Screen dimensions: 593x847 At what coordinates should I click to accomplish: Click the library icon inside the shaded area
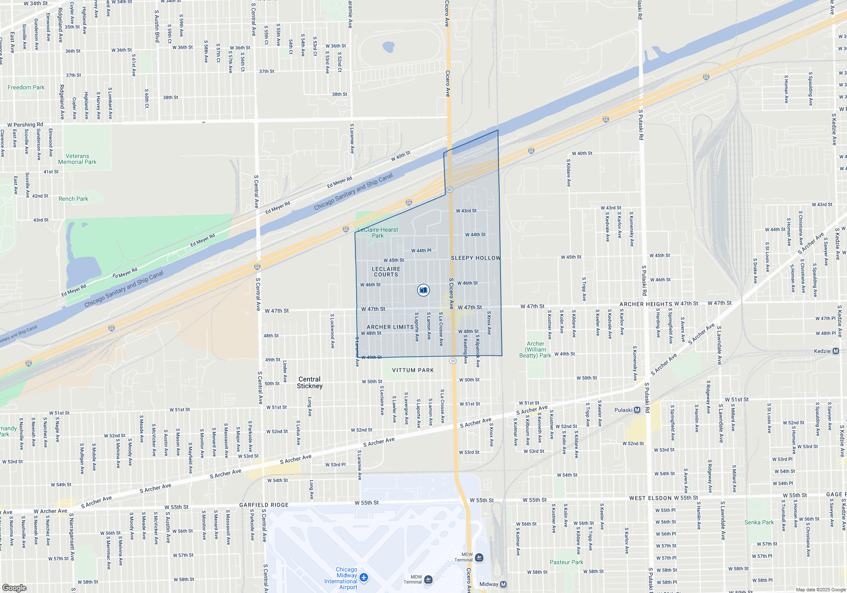point(423,290)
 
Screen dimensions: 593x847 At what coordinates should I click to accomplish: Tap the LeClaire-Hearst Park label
point(378,233)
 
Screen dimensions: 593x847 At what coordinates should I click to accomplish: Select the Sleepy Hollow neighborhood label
point(476,258)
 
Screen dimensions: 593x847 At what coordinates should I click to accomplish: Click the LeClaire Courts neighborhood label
point(386,272)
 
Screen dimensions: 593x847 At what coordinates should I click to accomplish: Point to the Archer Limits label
point(390,327)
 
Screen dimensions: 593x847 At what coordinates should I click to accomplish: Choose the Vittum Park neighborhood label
point(413,370)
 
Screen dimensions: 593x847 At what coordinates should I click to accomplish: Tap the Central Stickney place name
point(310,382)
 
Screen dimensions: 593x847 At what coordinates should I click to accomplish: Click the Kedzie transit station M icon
point(836,351)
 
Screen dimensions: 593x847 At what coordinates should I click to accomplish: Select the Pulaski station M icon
point(637,410)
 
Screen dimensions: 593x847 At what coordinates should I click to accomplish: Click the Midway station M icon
point(503,584)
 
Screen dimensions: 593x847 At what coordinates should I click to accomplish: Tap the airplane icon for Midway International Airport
point(364,578)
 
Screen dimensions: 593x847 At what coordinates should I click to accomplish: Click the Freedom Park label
point(26,87)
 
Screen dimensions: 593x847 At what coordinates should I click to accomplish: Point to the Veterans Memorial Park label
point(77,159)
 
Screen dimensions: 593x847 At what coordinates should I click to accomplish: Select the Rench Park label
point(73,199)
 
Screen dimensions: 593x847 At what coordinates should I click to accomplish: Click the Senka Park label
point(759,522)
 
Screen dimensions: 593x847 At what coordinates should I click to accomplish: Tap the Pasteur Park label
point(566,562)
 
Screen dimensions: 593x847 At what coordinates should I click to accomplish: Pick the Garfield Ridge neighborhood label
point(264,505)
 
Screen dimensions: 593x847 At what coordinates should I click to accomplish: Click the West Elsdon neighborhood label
point(650,498)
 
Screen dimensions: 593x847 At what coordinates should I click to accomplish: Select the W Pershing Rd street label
point(25,125)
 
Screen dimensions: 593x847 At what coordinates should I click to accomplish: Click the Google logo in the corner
point(14,587)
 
